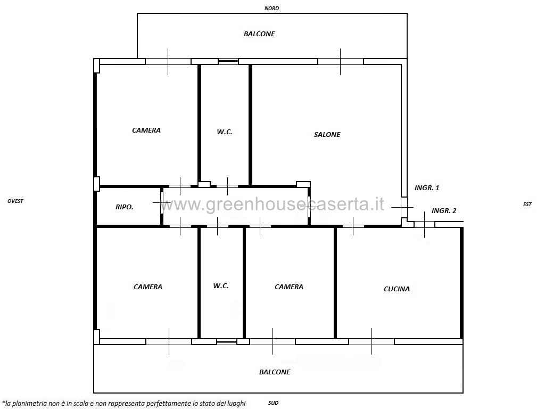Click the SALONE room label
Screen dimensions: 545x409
(327, 135)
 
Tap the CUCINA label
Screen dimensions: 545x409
(397, 289)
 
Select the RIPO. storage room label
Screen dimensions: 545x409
(125, 207)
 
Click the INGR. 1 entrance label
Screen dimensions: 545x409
(427, 188)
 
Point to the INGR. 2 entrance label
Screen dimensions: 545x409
(444, 211)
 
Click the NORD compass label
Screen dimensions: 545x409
(271, 9)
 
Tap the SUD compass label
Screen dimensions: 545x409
(273, 403)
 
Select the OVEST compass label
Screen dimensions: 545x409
(15, 201)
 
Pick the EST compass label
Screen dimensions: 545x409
(527, 204)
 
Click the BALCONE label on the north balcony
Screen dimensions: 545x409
(259, 34)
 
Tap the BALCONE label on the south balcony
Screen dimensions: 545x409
(275, 372)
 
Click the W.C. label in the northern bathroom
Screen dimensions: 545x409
(225, 132)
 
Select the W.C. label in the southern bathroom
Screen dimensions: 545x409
(221, 286)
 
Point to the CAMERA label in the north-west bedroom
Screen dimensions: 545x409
(146, 130)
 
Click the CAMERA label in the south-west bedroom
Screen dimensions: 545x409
(148, 287)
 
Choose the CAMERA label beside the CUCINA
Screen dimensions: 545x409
(289, 287)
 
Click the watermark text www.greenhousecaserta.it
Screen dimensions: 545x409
(272, 204)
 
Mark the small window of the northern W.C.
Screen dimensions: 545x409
(228, 62)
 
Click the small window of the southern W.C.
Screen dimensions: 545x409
(227, 342)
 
